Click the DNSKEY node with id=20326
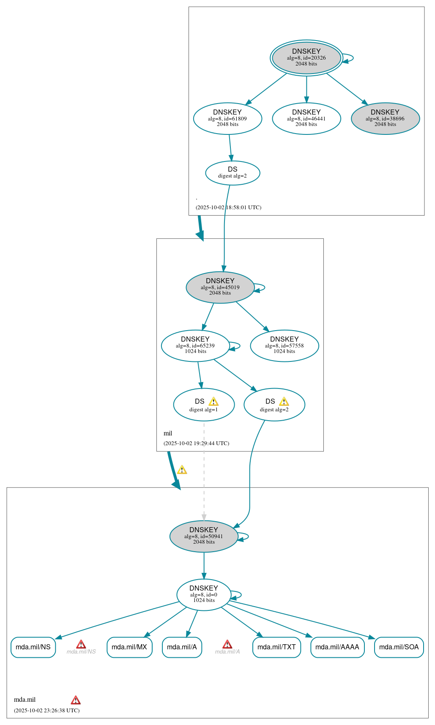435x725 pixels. [306, 58]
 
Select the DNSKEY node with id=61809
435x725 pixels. [227, 118]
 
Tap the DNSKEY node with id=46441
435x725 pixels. [306, 118]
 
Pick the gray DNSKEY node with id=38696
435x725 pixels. [385, 118]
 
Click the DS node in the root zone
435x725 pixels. [233, 173]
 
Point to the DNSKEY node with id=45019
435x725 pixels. [220, 287]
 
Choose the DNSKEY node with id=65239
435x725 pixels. [195, 345]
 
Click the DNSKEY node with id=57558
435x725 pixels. [284, 345]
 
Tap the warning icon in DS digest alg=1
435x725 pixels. [213, 402]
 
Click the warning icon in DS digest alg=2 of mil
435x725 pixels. [284, 402]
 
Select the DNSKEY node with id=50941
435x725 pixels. [204, 536]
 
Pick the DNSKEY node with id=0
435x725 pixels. [204, 594]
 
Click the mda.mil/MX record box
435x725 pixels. [129, 647]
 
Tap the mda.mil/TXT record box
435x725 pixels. [276, 647]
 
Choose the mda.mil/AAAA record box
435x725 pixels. [337, 647]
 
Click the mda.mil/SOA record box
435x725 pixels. [399, 647]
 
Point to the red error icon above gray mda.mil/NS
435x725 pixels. [81, 644]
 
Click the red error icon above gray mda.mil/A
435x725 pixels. [227, 644]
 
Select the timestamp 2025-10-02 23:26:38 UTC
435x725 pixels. [47, 710]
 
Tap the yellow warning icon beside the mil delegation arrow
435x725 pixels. [182, 470]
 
